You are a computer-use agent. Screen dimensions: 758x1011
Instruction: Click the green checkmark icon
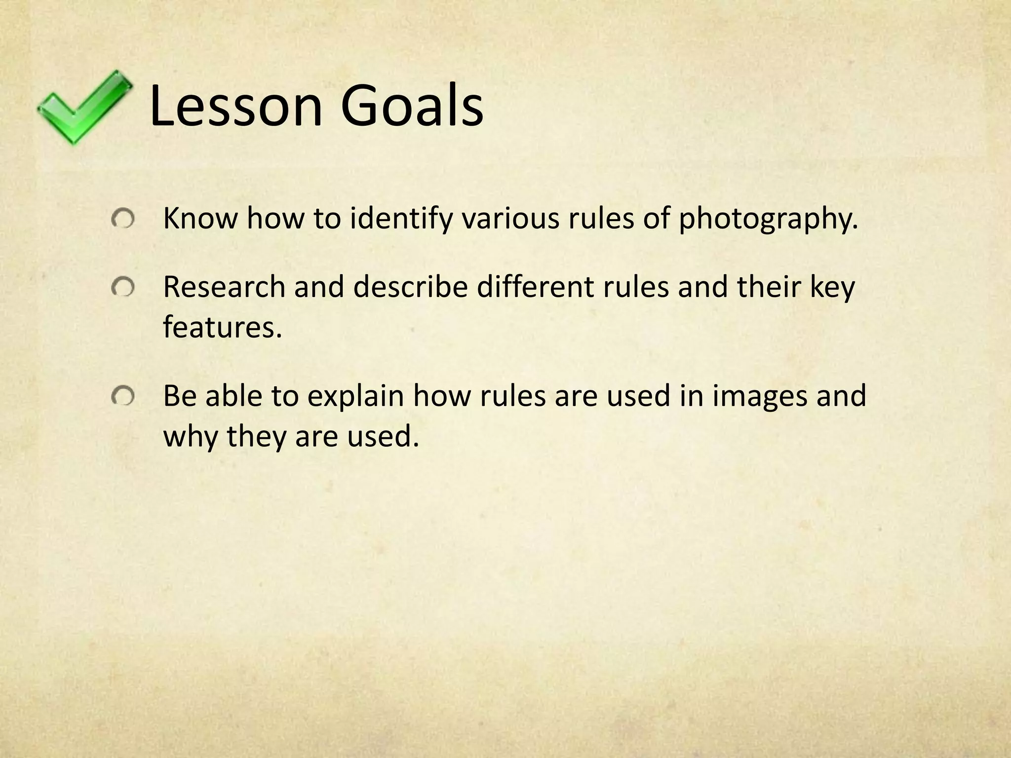coord(84,108)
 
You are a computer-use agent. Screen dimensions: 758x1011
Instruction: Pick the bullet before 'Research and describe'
coord(122,287)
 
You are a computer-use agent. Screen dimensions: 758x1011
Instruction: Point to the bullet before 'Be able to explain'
coord(122,396)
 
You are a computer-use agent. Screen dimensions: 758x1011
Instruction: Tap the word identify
coord(401,219)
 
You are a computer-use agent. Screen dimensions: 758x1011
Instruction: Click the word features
coord(222,327)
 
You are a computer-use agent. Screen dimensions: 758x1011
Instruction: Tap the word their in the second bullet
coord(768,287)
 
